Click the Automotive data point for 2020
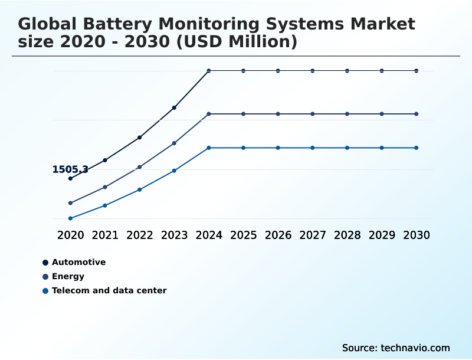70,178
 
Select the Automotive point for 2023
174,107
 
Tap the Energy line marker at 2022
140,167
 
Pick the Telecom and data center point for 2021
105,205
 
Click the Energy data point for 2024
209,113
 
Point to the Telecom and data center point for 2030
417,148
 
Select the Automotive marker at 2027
313,71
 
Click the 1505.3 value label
70,169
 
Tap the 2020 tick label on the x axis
70,235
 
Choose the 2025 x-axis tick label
244,235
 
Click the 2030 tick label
417,235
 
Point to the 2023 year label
174,235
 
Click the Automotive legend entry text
78,262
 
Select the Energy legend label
68,276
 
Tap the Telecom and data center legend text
109,290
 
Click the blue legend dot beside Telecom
45,290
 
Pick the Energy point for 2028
348,113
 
